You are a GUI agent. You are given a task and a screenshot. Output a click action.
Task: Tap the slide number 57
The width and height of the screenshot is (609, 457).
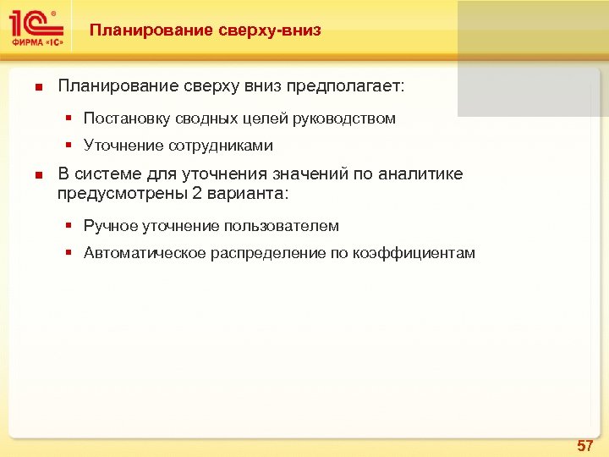click(584, 445)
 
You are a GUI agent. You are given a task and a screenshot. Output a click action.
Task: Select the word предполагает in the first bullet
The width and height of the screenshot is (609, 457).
click(346, 86)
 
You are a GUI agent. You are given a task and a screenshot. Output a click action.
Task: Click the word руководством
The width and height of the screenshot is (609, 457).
click(344, 118)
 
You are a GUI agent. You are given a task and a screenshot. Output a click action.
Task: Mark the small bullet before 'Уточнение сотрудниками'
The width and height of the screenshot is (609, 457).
click(73, 146)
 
